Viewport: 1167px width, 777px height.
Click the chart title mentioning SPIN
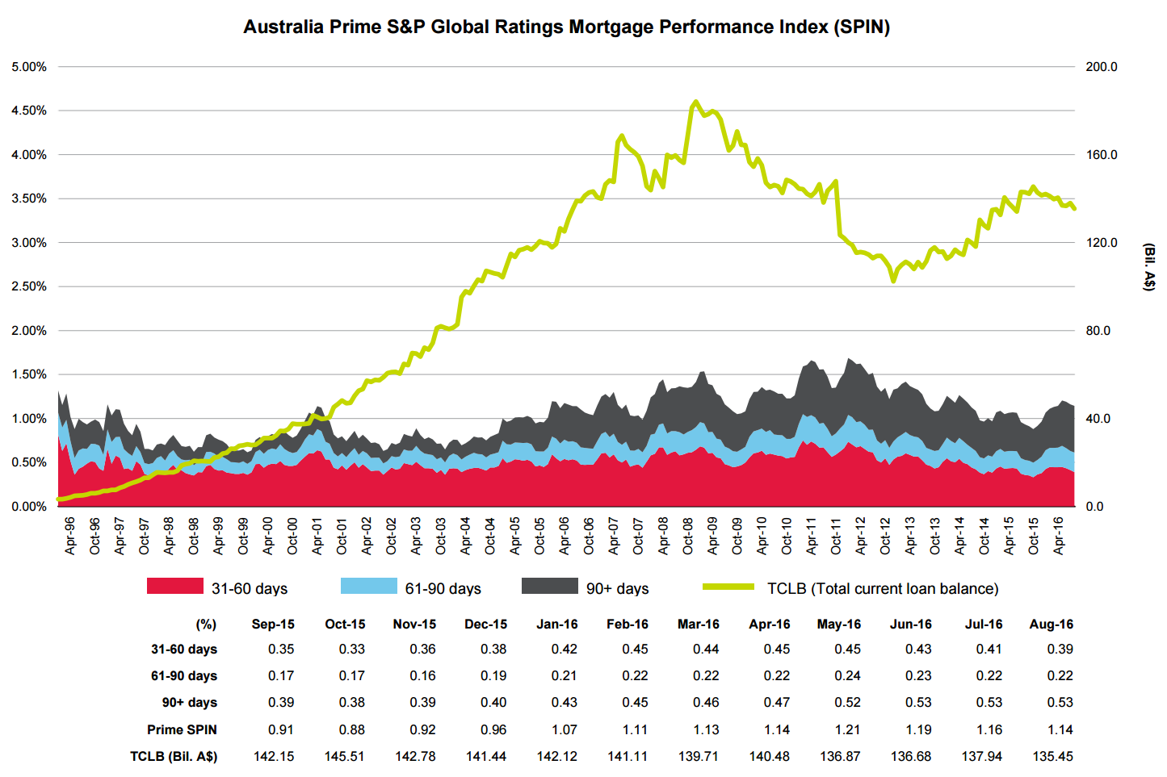point(566,27)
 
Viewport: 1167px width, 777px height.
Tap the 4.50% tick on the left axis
point(29,111)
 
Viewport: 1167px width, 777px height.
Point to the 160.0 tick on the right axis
point(1102,155)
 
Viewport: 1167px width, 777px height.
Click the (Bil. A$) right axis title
point(1149,266)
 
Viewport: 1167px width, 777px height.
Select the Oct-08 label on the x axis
point(688,536)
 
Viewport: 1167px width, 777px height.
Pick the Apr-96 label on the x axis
point(70,536)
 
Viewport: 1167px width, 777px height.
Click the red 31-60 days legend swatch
point(174,587)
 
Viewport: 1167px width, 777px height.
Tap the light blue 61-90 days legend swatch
point(368,587)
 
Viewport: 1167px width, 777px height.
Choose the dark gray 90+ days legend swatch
point(549,587)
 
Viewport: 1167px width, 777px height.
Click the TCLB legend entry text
point(883,589)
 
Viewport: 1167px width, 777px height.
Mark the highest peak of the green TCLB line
point(695,102)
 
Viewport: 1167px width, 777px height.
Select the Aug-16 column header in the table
point(1051,625)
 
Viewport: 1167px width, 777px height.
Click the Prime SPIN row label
point(182,730)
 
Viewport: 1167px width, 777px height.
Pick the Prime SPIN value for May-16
point(847,730)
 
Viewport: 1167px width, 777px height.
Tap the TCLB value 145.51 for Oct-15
point(344,757)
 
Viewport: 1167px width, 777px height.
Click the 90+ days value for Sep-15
point(281,703)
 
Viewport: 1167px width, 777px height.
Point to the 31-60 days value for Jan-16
point(564,650)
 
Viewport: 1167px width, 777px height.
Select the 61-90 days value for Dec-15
point(493,676)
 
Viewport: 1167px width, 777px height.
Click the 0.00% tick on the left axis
point(29,507)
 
